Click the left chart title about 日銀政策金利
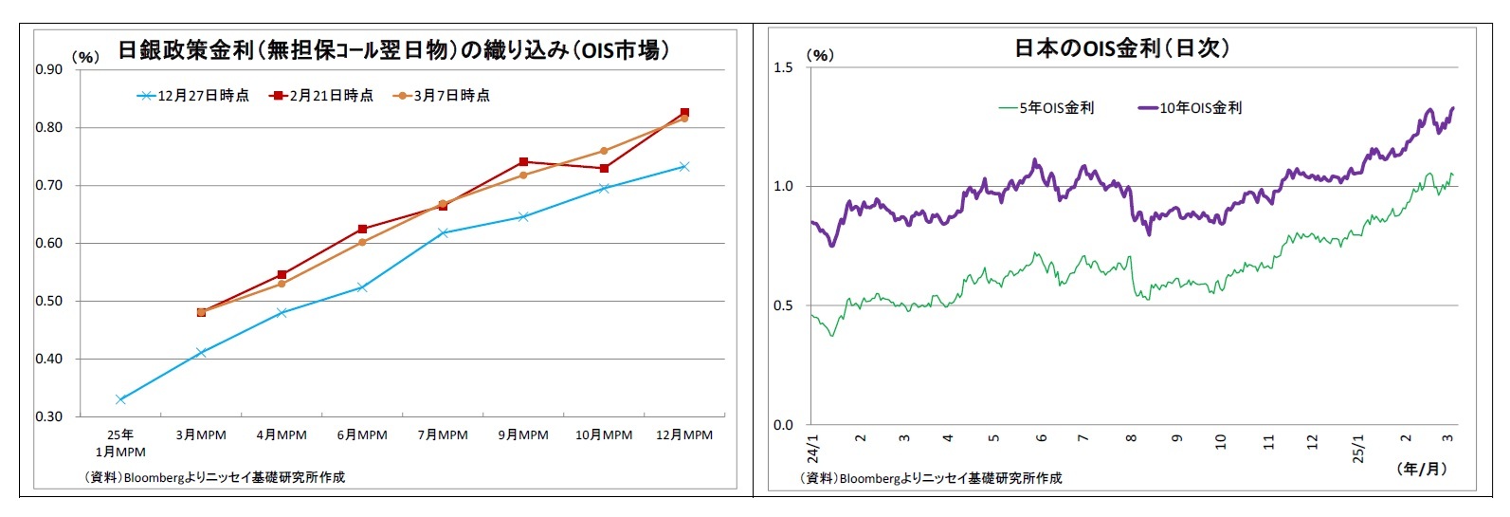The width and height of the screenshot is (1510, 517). (392, 50)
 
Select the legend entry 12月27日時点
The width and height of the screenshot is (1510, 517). (193, 96)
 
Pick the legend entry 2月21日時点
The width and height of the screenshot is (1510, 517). (322, 96)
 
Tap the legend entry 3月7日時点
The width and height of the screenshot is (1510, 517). (443, 96)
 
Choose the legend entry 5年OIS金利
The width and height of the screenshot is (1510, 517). (1046, 108)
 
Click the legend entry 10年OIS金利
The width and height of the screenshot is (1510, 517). (1191, 108)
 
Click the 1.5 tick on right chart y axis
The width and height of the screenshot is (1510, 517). (783, 67)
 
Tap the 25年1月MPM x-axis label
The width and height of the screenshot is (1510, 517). (120, 443)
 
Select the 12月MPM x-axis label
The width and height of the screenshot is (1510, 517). (684, 435)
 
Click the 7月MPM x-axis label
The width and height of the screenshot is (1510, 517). (443, 435)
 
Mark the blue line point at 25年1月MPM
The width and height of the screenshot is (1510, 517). (120, 399)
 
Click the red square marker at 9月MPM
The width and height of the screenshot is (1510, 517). (523, 162)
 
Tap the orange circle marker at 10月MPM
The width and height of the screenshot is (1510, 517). (604, 151)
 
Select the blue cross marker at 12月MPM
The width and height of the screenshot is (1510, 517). (684, 167)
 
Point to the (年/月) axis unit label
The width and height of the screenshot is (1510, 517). (1422, 469)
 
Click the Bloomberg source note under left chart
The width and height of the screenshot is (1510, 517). (214, 477)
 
